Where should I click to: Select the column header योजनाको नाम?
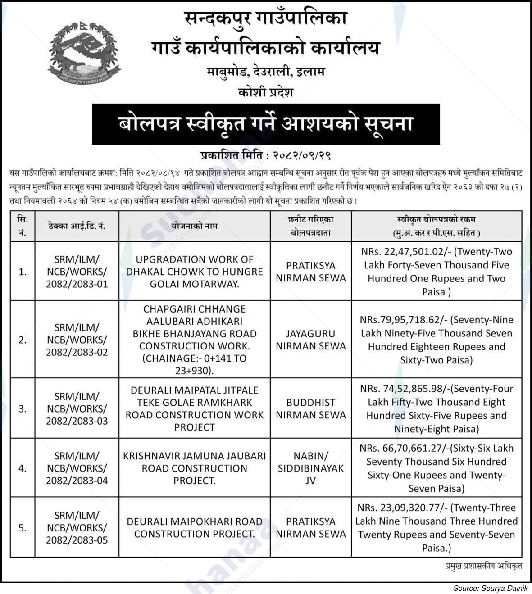click(194, 226)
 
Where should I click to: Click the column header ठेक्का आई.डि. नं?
click(77, 226)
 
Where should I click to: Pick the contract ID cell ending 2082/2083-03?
click(77, 408)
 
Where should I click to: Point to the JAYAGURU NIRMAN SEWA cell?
click(310, 340)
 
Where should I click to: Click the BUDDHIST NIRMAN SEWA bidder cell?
click(310, 408)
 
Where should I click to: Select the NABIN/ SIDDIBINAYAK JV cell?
click(310, 468)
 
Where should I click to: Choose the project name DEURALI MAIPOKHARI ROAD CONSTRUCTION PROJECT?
click(194, 527)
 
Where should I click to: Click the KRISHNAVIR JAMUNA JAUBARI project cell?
click(194, 468)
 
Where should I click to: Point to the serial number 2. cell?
click(23, 340)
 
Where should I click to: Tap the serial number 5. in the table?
click(23, 527)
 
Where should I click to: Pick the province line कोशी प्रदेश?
click(266, 92)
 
